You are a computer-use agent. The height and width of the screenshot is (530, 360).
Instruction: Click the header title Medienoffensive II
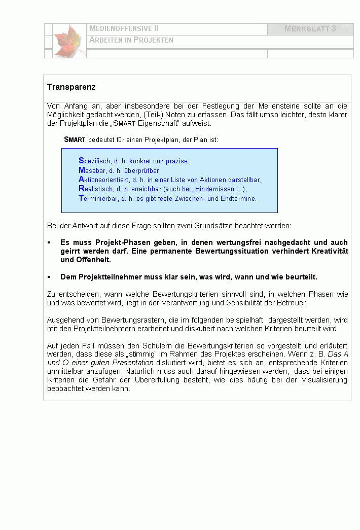coord(124,29)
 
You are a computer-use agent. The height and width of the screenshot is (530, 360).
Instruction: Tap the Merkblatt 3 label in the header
coord(310,29)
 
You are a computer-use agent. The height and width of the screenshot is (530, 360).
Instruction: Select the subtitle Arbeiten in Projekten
coord(131,40)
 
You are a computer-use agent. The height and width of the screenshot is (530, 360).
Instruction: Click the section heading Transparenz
coord(71,87)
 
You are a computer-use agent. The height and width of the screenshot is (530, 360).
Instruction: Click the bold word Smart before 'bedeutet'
coord(75,139)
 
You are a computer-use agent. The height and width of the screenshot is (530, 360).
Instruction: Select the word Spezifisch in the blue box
coord(95,161)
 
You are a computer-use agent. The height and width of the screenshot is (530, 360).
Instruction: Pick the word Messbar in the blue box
coord(92,170)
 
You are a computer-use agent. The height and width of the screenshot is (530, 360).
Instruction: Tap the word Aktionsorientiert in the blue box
coord(103,180)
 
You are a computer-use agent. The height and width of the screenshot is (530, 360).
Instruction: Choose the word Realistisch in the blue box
coord(96,189)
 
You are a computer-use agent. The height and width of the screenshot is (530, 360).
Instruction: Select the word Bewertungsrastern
coord(126,320)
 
